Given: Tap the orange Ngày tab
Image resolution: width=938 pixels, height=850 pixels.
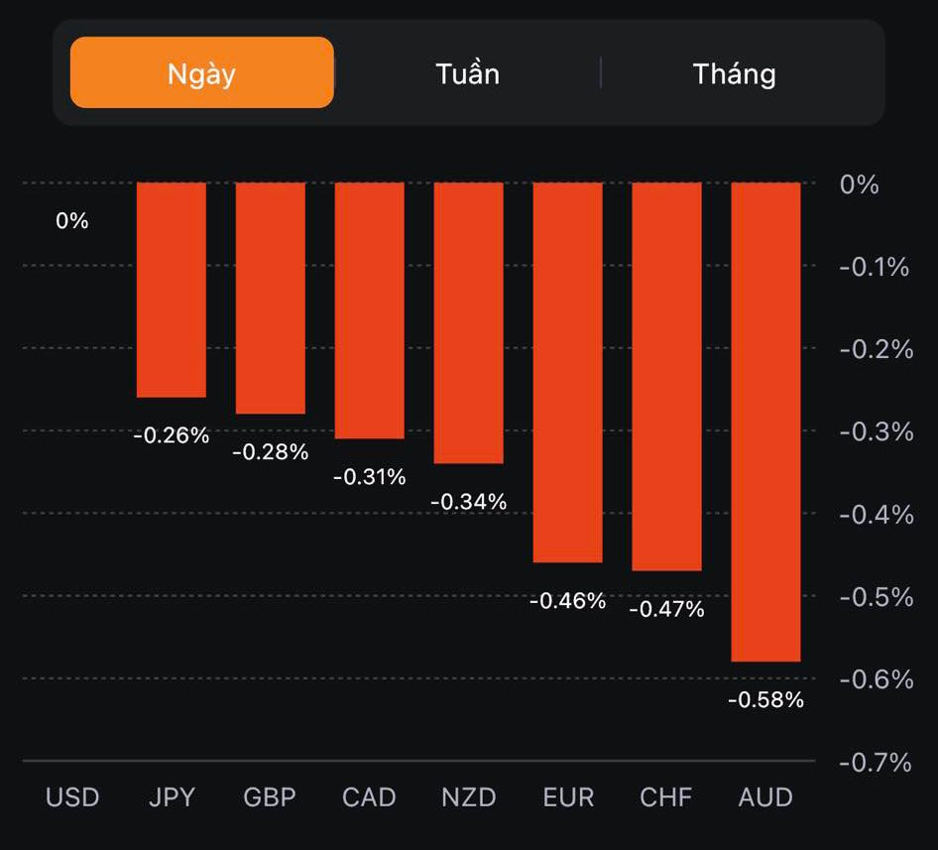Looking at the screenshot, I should click(x=202, y=72).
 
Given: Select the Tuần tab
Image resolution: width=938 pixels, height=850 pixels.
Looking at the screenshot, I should click(x=467, y=73).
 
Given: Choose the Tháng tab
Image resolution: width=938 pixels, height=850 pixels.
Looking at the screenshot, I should click(x=734, y=73).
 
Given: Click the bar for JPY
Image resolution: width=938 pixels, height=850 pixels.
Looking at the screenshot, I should click(x=172, y=290).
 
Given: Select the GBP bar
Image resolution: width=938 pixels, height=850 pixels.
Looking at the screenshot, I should click(x=271, y=298).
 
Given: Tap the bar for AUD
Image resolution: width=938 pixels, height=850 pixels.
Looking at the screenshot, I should click(x=765, y=422).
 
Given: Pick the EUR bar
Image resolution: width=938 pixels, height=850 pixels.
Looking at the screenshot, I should click(x=567, y=372).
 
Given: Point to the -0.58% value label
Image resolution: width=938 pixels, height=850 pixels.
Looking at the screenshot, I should click(x=765, y=700).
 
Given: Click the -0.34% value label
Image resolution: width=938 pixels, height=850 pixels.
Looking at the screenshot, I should click(x=468, y=503).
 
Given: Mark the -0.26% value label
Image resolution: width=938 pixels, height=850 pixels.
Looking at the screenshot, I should click(x=172, y=435).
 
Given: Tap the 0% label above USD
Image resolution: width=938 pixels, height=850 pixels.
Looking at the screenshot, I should click(x=72, y=221).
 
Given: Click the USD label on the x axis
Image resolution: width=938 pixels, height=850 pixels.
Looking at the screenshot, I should click(x=72, y=797).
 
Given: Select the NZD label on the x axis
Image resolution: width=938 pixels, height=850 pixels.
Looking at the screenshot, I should click(x=468, y=797).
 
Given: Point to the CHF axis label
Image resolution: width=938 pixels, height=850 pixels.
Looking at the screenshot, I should click(x=666, y=797).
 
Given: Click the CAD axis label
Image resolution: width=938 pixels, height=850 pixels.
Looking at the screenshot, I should click(x=369, y=797).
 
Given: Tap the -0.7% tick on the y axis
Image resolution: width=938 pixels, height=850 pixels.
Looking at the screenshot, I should click(x=874, y=762).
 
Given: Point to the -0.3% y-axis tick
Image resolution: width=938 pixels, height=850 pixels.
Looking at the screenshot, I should click(x=874, y=431).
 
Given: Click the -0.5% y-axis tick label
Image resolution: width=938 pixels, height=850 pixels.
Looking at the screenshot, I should click(x=874, y=596).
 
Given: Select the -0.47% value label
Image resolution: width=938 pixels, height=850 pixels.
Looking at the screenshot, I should click(x=666, y=610).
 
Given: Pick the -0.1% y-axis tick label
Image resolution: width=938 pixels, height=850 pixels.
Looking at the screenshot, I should click(x=874, y=267).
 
